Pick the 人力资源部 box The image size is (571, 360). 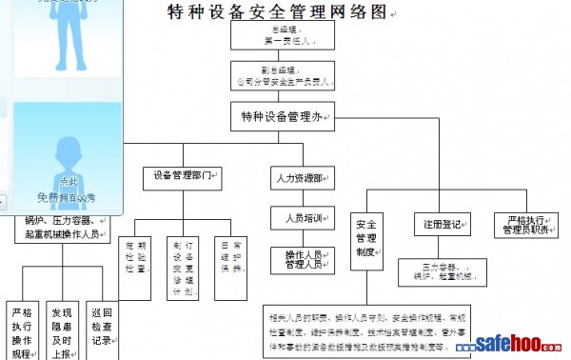click(x=304, y=178)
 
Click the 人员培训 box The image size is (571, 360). click(x=304, y=217)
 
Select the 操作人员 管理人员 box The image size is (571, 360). click(x=304, y=259)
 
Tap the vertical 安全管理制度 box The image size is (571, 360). click(x=367, y=238)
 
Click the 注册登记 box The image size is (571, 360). click(x=443, y=225)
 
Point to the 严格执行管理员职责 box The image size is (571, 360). click(x=527, y=225)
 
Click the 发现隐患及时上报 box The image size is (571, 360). click(x=62, y=332)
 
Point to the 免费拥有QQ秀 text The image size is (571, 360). click(x=67, y=196)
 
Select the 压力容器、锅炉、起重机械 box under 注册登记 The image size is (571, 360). click(x=443, y=271)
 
